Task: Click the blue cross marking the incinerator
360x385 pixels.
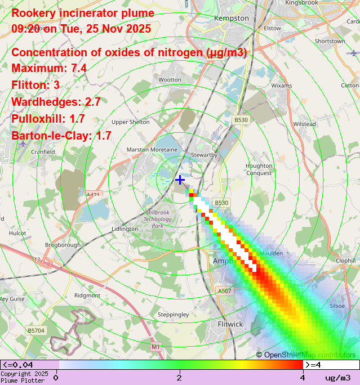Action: (x=180, y=180)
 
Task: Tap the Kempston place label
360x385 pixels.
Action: (x=231, y=18)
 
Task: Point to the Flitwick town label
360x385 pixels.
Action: (x=230, y=324)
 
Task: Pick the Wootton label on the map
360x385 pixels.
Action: (x=170, y=80)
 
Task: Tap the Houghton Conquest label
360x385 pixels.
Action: (x=259, y=169)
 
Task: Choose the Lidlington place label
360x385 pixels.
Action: (x=125, y=229)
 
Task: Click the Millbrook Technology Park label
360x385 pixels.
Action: (x=158, y=219)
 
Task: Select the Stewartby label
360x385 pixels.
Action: (x=204, y=154)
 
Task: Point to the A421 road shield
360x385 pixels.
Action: (x=93, y=195)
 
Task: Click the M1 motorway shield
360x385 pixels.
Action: (x=155, y=347)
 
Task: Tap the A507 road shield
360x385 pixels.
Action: (x=224, y=291)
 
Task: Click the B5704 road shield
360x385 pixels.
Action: (x=36, y=331)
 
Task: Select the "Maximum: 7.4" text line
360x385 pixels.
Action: (x=49, y=68)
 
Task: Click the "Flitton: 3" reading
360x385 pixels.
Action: (x=35, y=85)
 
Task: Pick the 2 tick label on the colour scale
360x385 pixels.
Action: (x=179, y=377)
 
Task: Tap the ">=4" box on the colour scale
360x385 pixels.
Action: (x=313, y=365)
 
